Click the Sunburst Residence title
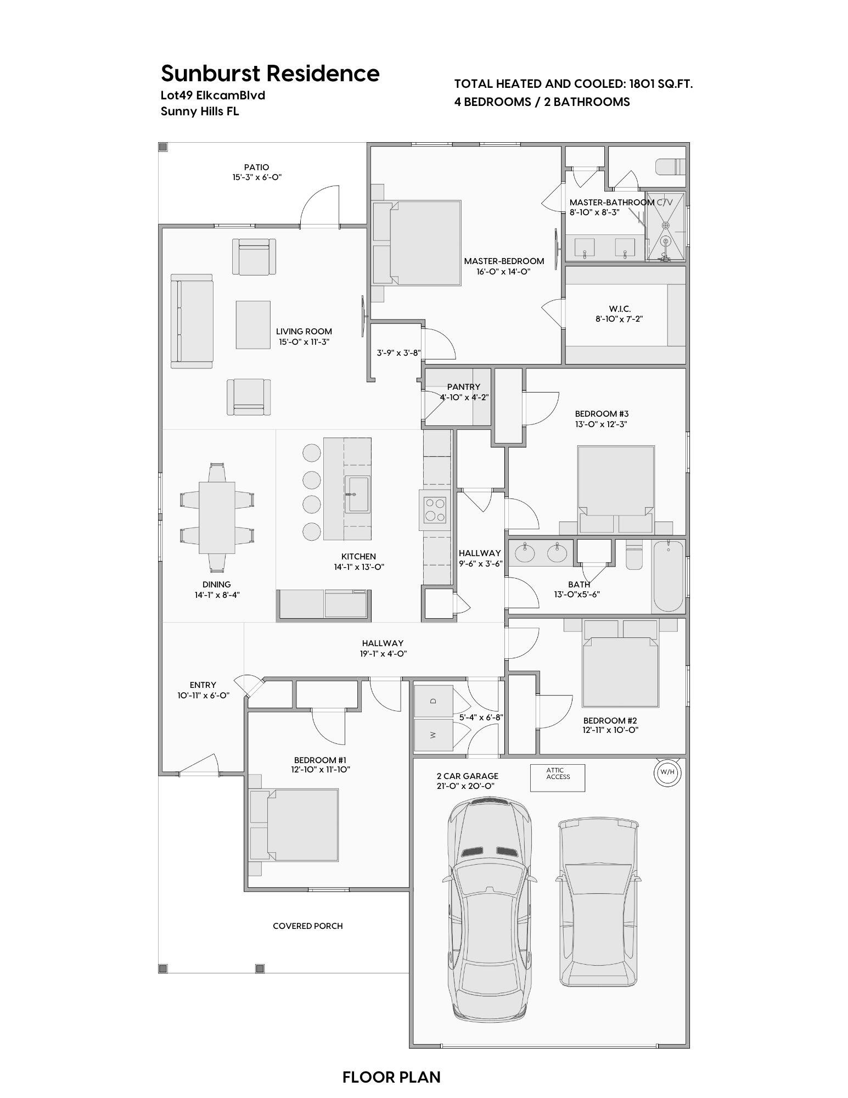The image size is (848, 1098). pyautogui.click(x=269, y=73)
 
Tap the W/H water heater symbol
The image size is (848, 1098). pyautogui.click(x=667, y=772)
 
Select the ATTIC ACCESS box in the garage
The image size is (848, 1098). pyautogui.click(x=557, y=777)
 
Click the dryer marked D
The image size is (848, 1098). pyautogui.click(x=433, y=701)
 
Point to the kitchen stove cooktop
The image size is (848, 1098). pyautogui.click(x=436, y=510)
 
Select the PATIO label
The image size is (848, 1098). pyautogui.click(x=257, y=167)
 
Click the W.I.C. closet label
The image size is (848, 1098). pyautogui.click(x=619, y=309)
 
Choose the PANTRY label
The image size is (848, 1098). pyautogui.click(x=463, y=387)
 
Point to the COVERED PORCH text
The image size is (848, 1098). pyautogui.click(x=307, y=926)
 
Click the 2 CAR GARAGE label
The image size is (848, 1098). pyautogui.click(x=467, y=776)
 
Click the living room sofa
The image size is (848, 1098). pyautogui.click(x=191, y=321)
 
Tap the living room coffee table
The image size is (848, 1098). pyautogui.click(x=253, y=324)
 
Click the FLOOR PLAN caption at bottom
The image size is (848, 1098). pyautogui.click(x=391, y=1077)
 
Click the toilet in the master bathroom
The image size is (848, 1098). pyautogui.click(x=670, y=166)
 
